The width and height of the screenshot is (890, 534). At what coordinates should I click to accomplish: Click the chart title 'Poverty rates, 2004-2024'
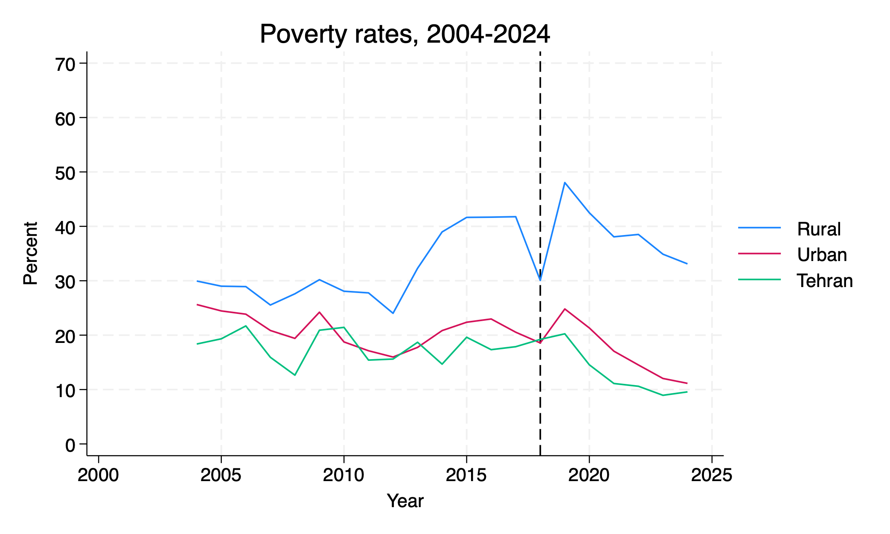[404, 34]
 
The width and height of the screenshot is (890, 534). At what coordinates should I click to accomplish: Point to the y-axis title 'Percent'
[31, 253]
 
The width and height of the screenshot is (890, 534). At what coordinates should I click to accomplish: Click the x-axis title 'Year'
[405, 501]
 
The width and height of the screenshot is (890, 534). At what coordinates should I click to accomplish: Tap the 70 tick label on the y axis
[65, 64]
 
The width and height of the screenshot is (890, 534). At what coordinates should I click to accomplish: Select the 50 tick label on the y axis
[65, 173]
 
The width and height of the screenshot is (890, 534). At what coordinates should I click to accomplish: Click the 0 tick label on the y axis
[70, 445]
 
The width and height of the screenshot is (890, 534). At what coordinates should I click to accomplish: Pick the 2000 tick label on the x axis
[98, 475]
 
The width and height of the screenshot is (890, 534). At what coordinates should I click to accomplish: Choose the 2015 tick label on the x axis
[466, 475]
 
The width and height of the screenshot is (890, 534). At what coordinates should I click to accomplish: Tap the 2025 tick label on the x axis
[712, 475]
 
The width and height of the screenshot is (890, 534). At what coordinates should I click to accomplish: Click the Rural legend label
[819, 229]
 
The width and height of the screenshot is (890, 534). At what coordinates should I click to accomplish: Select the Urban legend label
[822, 255]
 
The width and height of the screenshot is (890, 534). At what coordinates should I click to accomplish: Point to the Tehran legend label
[825, 281]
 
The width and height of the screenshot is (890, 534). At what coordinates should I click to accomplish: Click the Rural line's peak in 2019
[564, 183]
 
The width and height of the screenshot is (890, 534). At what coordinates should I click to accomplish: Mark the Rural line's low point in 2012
[393, 313]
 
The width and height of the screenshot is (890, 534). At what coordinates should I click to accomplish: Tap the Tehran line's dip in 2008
[295, 375]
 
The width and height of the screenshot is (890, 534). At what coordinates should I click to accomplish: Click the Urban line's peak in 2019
[564, 309]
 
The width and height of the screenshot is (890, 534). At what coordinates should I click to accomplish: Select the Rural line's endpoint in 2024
[687, 264]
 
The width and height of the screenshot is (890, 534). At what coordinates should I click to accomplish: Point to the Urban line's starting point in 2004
[197, 305]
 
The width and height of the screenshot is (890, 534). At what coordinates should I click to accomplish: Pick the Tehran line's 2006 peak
[246, 326]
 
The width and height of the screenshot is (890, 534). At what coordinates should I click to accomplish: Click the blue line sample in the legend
[759, 228]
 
